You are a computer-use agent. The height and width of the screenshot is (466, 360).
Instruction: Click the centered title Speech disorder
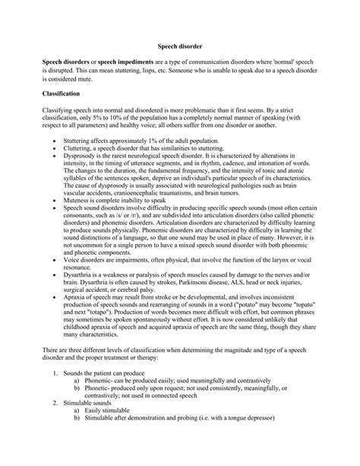[x=179, y=45]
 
